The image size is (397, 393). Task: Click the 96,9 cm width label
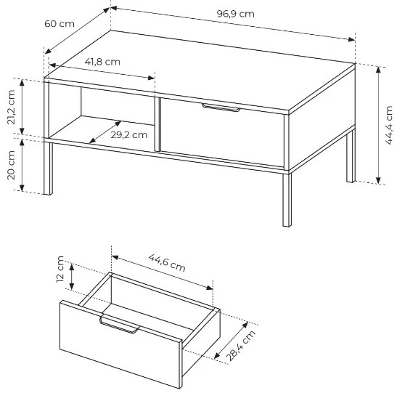click(x=235, y=14)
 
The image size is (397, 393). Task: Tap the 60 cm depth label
click(x=60, y=24)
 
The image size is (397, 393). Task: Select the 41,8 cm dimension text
click(x=102, y=62)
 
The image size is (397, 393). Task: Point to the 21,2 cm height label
click(x=12, y=107)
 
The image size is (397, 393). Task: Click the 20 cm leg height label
click(x=12, y=165)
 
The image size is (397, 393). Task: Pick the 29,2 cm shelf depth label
click(x=129, y=135)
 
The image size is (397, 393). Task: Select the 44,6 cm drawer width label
click(x=167, y=262)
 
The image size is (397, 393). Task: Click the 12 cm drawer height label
click(x=60, y=269)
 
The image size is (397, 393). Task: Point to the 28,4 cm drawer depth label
click(x=240, y=346)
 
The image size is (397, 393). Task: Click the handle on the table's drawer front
click(x=221, y=108)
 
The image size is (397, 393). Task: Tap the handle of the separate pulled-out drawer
click(x=120, y=324)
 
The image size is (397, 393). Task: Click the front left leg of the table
click(x=48, y=169)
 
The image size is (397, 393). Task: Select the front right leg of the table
click(x=287, y=200)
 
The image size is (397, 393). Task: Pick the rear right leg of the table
click(x=351, y=156)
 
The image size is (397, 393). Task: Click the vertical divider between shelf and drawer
click(x=157, y=125)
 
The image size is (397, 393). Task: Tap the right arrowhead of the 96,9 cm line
click(x=352, y=39)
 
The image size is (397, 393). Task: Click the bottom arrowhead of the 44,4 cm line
click(x=378, y=180)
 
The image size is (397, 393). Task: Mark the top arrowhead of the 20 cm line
click(x=22, y=142)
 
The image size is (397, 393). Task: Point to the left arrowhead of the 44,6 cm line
click(x=115, y=257)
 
